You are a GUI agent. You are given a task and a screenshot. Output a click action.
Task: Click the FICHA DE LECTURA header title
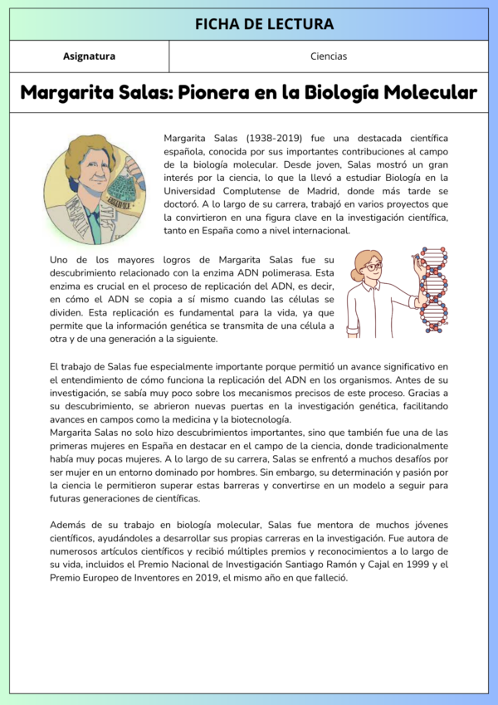264,24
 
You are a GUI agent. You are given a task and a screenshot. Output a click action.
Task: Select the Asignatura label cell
89,56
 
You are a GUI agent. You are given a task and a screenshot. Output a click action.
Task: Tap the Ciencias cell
329,56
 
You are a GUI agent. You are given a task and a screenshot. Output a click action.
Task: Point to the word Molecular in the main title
424,92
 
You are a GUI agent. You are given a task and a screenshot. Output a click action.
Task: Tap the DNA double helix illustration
432,287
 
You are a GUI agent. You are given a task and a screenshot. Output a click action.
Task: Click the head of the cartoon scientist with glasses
369,265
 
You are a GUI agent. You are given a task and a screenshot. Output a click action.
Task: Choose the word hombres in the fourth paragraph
278,470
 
